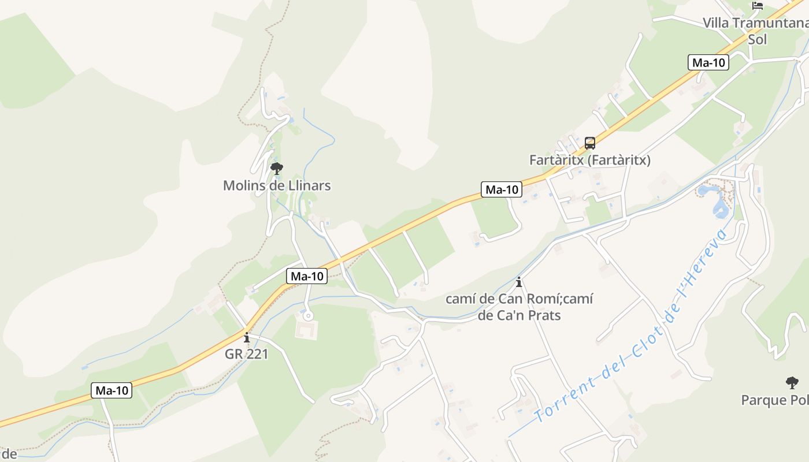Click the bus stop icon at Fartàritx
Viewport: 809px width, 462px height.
click(x=589, y=143)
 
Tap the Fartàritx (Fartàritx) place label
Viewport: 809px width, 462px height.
click(x=589, y=160)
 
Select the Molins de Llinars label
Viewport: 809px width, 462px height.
click(x=277, y=185)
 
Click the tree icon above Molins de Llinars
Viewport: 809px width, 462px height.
click(x=277, y=169)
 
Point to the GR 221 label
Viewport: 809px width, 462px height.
click(x=247, y=354)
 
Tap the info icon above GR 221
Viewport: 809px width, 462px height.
click(x=247, y=337)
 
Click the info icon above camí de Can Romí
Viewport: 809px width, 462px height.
click(x=519, y=282)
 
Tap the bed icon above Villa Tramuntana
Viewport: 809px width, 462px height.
click(x=758, y=6)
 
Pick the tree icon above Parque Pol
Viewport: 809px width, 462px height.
click(x=792, y=382)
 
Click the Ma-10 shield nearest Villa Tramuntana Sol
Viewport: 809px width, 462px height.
click(x=708, y=63)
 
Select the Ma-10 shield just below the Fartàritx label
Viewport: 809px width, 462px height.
click(x=501, y=189)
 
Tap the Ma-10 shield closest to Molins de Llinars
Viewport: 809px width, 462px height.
click(x=306, y=276)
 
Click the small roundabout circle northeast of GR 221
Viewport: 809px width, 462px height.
click(x=308, y=315)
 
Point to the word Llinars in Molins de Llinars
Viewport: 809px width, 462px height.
click(x=310, y=185)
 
